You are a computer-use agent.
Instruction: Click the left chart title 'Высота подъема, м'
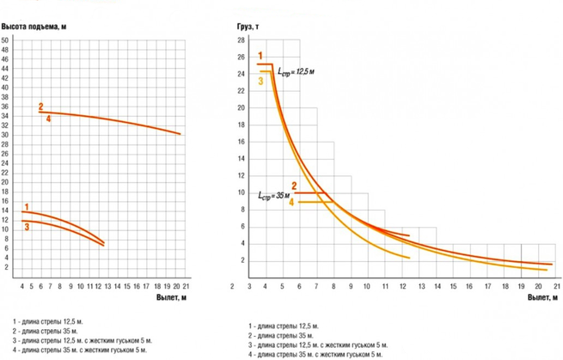pyautogui.click(x=34, y=27)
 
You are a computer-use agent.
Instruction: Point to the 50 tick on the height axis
pyautogui.click(x=5, y=40)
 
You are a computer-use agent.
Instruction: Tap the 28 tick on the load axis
pyautogui.click(x=242, y=40)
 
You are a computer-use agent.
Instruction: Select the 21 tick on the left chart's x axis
pyautogui.click(x=186, y=285)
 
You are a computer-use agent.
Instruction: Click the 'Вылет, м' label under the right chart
pyautogui.click(x=543, y=297)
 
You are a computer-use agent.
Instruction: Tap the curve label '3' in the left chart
pyautogui.click(x=28, y=227)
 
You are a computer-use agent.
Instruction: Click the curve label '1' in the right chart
pyautogui.click(x=260, y=56)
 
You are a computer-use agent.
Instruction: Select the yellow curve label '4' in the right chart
pyautogui.click(x=291, y=202)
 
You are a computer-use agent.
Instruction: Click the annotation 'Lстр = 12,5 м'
pyautogui.click(x=296, y=72)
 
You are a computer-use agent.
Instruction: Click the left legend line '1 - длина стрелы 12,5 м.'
pyautogui.click(x=43, y=320)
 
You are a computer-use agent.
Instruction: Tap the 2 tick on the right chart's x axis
pyautogui.click(x=232, y=285)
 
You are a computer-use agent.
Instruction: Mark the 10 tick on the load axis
pyautogui.click(x=242, y=192)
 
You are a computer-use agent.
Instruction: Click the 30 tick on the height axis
pyautogui.click(x=5, y=135)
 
